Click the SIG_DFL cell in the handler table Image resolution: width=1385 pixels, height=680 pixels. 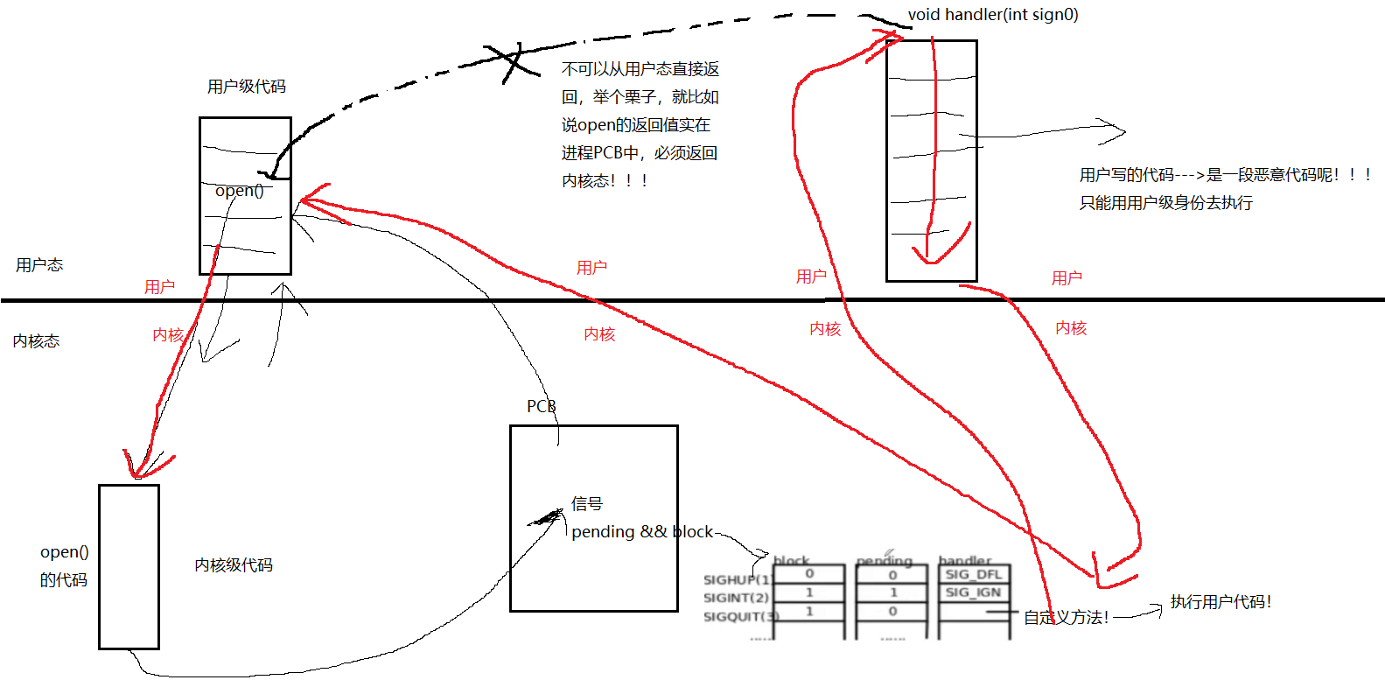(x=973, y=575)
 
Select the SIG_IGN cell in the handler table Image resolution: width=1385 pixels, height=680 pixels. (x=973, y=592)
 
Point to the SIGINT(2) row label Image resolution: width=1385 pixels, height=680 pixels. (x=736, y=598)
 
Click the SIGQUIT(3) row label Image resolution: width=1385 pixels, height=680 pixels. (x=739, y=617)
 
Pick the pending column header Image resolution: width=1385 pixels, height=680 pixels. (x=884, y=561)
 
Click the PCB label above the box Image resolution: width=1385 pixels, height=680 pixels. (x=541, y=407)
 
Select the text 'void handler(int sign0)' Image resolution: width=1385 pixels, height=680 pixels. (x=993, y=15)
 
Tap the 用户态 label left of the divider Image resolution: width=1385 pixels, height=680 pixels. (x=39, y=265)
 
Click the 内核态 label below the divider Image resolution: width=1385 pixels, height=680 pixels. (x=37, y=341)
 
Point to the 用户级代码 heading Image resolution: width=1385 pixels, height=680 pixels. (x=247, y=87)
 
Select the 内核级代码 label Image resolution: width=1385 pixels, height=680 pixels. (x=234, y=565)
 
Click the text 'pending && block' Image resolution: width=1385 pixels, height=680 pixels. (x=642, y=532)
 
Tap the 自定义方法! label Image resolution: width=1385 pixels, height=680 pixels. (x=1066, y=618)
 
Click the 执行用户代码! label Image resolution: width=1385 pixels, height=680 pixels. (x=1221, y=602)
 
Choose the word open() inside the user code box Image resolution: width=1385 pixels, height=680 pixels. (x=239, y=191)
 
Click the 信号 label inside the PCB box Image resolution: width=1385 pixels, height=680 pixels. (x=587, y=504)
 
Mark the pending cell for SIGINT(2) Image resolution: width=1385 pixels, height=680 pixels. (x=892, y=592)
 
